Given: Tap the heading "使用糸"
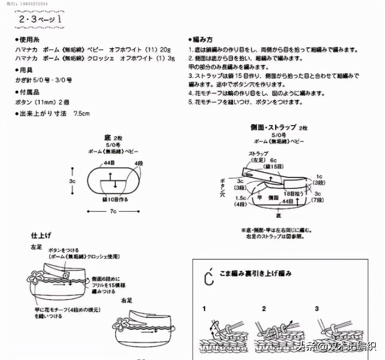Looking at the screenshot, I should (29, 40).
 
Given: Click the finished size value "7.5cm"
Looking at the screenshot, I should (81, 114).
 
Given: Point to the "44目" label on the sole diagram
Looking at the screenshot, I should (109, 163).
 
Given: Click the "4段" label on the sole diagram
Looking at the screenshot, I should (139, 163).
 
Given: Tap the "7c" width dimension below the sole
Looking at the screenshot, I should (113, 212).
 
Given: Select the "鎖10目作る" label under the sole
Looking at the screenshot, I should (115, 200).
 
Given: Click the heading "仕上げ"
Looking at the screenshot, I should (41, 235).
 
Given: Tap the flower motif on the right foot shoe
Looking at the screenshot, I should (120, 324).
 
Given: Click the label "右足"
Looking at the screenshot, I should (127, 300).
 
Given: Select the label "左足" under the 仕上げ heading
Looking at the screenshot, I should (36, 247).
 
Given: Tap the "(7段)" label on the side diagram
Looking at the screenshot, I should (318, 200).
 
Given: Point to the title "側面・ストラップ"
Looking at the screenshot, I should (273, 127).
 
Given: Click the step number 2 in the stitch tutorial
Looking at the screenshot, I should (264, 309).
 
